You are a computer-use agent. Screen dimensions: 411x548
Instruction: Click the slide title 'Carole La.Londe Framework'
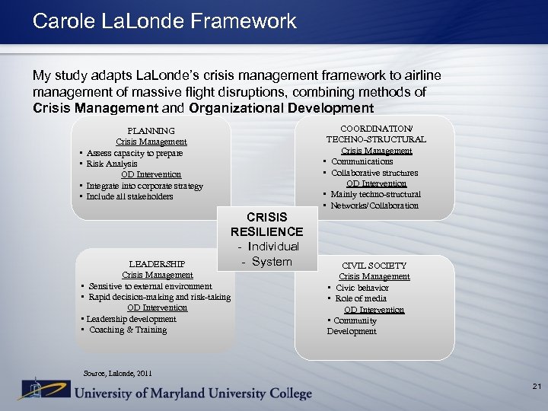pos(164,21)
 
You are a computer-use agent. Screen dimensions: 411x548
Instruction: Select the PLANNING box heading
pos(151,131)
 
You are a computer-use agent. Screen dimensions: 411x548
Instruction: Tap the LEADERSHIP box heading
pos(157,264)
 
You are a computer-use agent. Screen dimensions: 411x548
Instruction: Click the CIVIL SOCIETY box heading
pos(374,266)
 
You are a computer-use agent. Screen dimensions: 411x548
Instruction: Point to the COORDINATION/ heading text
pos(376,129)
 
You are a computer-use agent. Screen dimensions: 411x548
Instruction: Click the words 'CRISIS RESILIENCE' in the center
pos(266,225)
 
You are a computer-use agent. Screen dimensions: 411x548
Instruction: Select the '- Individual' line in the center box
pos(268,247)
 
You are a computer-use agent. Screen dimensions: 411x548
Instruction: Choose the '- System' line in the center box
pos(266,262)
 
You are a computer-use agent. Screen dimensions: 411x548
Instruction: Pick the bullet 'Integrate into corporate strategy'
pos(145,186)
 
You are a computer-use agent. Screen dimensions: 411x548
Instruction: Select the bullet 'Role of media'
pos(362,298)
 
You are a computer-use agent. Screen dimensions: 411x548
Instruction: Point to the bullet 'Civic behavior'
pos(363,288)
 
